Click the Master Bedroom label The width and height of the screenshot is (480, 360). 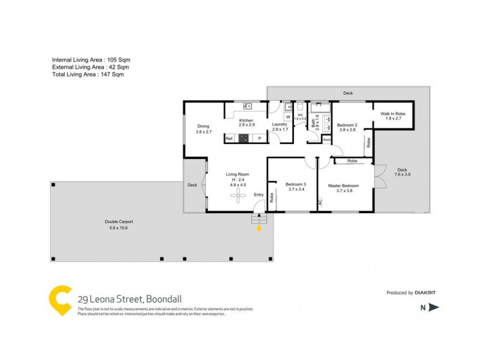pos(343,185)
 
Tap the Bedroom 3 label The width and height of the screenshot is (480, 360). pos(296,184)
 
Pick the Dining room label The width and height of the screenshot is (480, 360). pos(203,126)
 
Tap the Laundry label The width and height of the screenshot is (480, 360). pos(280,124)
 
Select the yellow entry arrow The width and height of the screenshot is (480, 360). pos(259,227)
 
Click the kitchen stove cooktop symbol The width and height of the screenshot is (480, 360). pos(244,139)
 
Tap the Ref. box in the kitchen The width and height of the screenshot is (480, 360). pos(229,139)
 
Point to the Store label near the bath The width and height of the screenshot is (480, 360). pos(326,139)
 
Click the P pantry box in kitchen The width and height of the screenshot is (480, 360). pos(259,139)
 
